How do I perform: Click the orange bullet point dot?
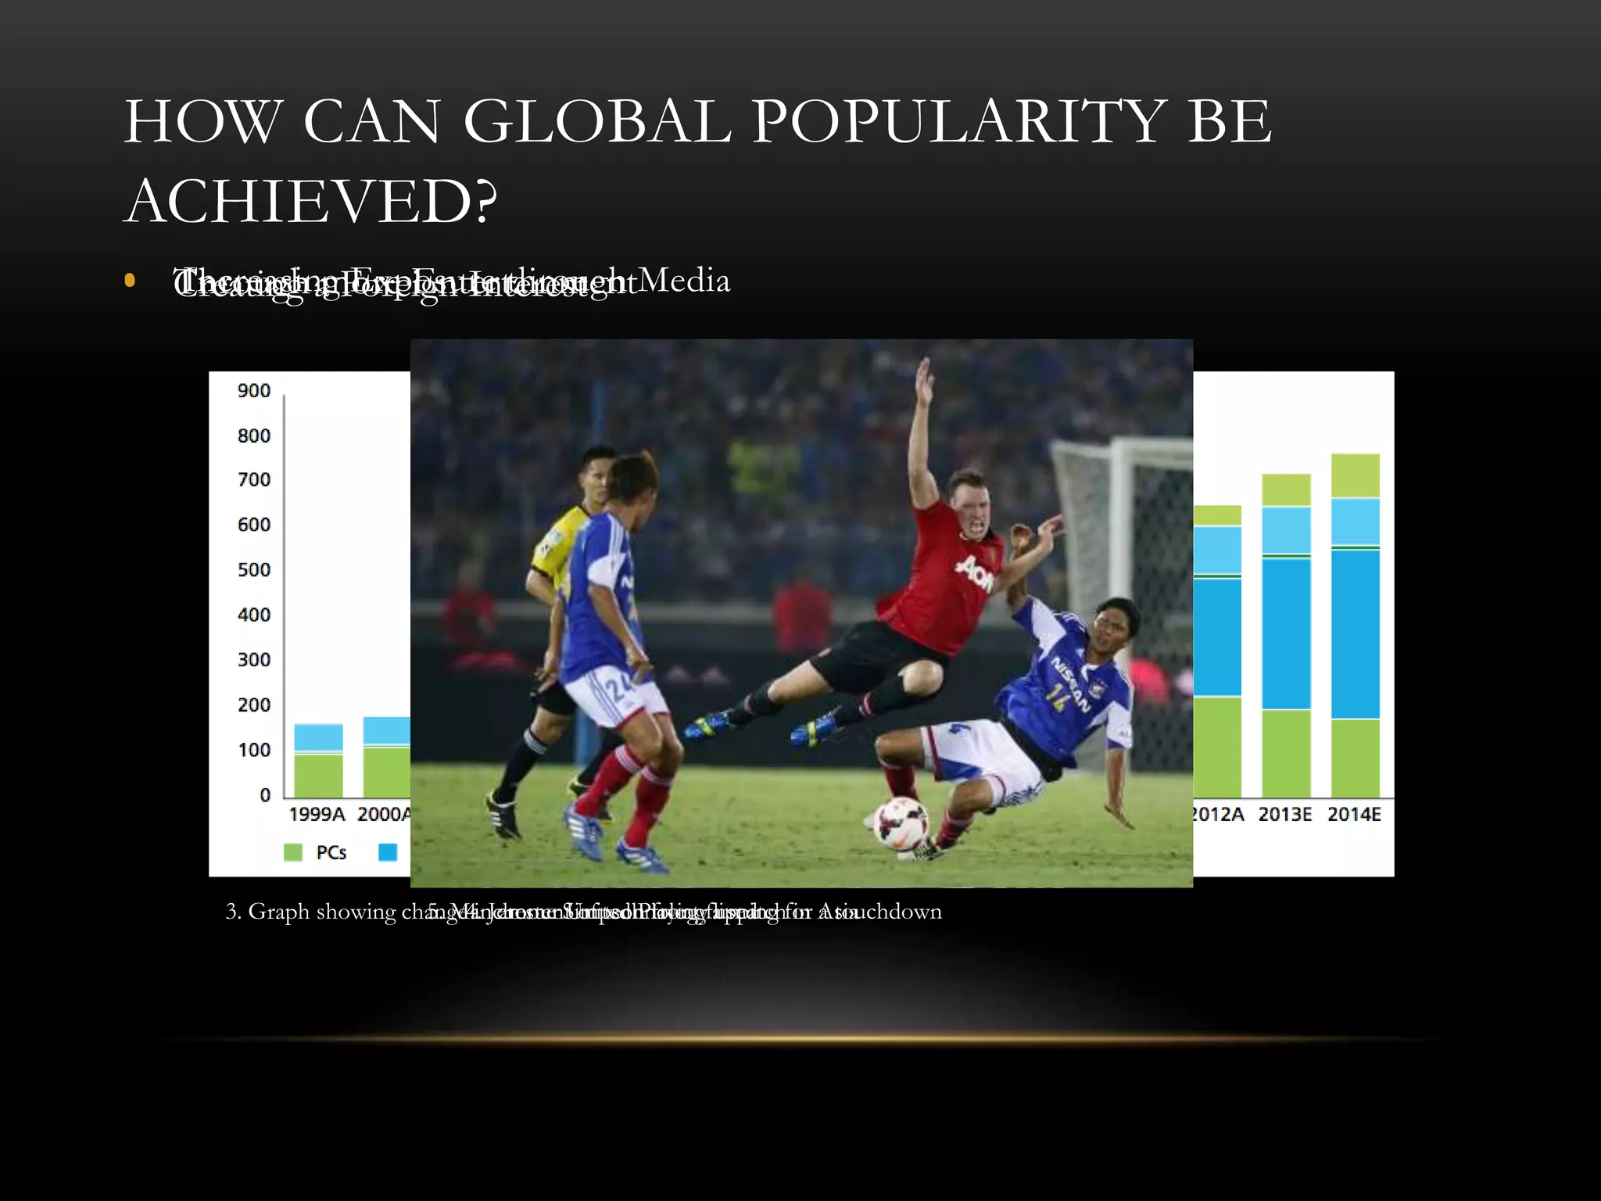tap(130, 281)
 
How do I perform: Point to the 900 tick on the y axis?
tap(254, 391)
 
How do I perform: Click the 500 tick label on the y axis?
tap(254, 570)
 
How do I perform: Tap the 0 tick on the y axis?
tap(265, 795)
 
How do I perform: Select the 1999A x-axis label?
tap(317, 815)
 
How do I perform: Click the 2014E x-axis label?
tap(1354, 815)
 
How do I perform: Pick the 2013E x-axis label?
tap(1285, 815)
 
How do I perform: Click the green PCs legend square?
tap(293, 852)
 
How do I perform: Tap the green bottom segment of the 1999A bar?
tap(318, 775)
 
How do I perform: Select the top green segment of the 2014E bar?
tap(1355, 475)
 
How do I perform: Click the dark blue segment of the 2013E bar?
tap(1286, 633)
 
